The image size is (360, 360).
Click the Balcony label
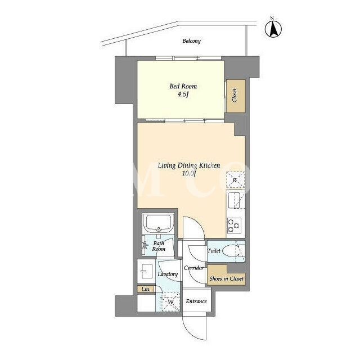192,41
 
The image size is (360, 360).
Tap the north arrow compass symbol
273,28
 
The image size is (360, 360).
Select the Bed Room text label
183,86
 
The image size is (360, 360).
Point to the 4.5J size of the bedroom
183,94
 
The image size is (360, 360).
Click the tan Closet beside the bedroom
236,96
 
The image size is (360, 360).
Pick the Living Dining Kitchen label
189,165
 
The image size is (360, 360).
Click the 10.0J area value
189,173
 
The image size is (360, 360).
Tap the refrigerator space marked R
235,180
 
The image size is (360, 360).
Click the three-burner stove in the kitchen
234,226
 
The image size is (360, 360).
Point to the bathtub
159,223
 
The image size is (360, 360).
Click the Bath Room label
159,246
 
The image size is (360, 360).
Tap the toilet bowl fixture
231,251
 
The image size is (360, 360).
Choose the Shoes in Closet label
226,279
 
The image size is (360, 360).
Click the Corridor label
193,268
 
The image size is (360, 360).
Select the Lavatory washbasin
145,271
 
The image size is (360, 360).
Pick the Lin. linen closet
146,289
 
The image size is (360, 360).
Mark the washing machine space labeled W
170,302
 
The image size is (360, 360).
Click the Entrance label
196,301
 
